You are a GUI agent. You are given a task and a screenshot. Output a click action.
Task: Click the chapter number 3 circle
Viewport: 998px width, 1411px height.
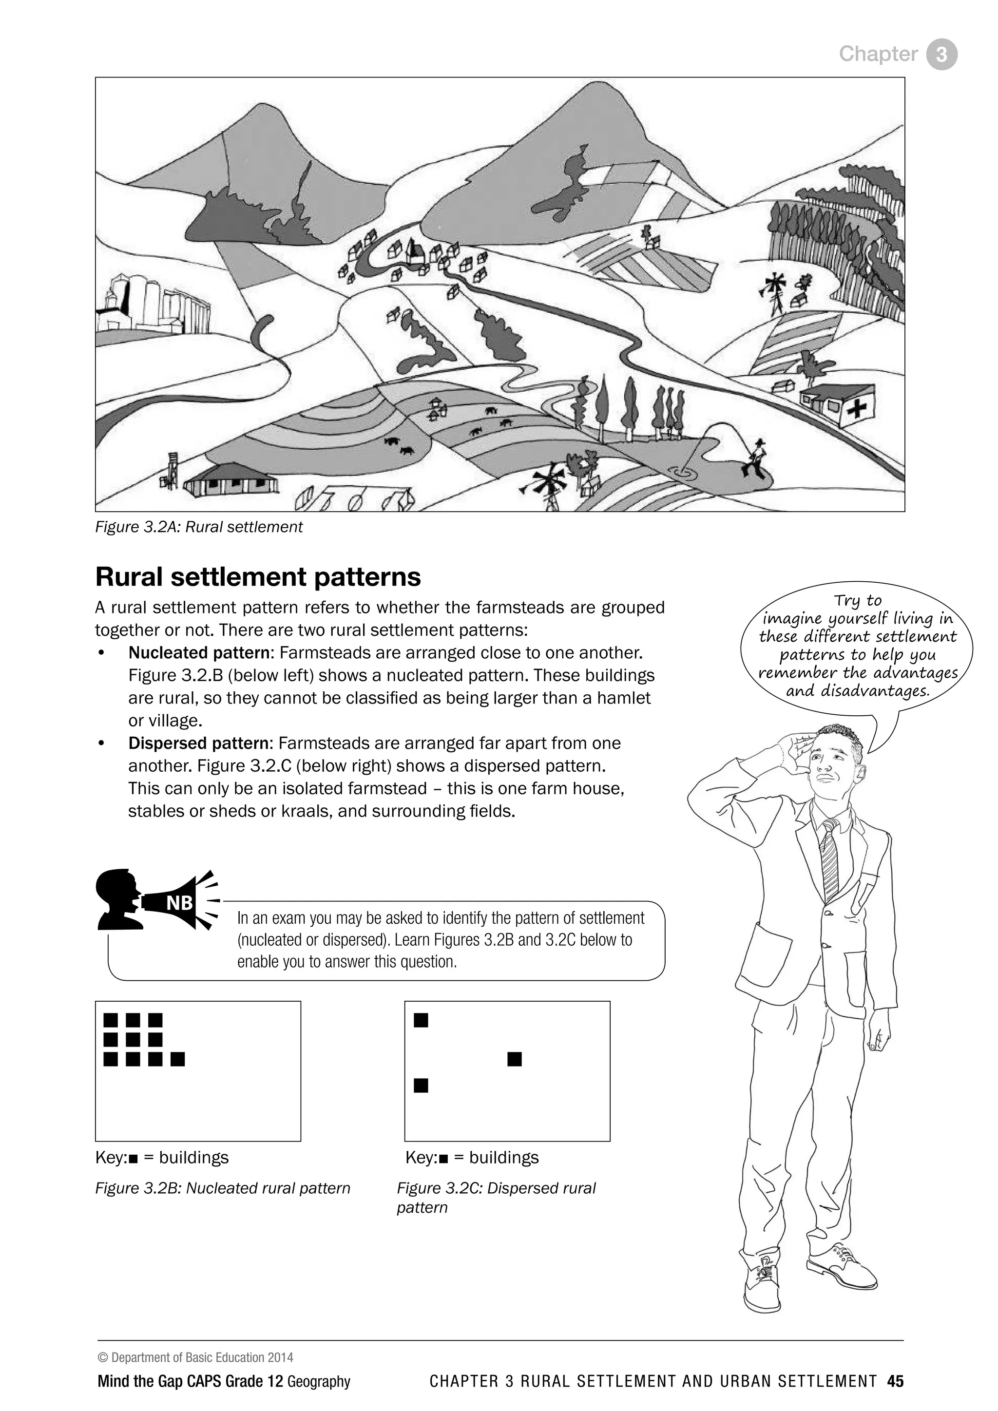[x=941, y=54]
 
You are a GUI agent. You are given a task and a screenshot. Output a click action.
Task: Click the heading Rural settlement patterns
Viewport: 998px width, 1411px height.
[x=258, y=576]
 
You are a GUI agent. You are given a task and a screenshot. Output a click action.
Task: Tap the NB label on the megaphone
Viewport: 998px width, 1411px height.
[x=179, y=903]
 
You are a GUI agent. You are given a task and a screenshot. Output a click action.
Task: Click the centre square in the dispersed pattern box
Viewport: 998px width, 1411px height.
[x=515, y=1059]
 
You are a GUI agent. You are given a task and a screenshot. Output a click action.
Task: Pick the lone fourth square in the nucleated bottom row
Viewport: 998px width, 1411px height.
[x=177, y=1059]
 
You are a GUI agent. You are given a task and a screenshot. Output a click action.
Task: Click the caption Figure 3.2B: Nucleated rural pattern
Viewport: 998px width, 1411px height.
[x=223, y=1188]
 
